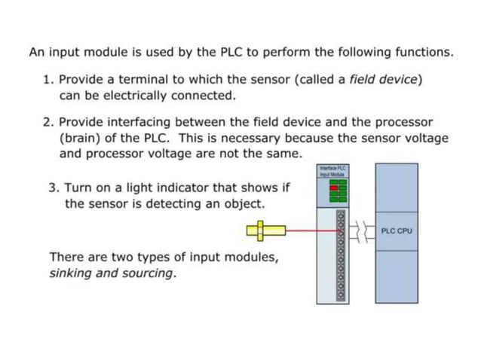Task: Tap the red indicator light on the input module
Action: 334,188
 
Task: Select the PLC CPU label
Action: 397,230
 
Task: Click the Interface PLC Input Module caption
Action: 332,171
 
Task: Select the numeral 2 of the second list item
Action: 47,122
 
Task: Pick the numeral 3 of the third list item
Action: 52,188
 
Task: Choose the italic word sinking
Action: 72,273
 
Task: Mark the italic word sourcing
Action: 146,273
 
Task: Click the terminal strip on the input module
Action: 341,256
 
